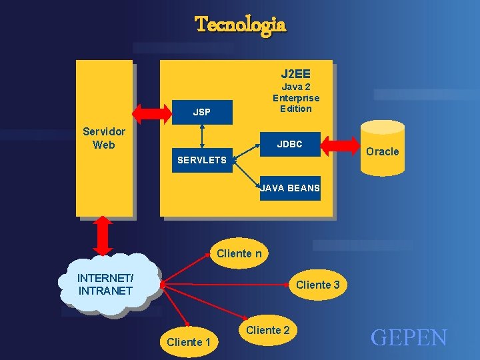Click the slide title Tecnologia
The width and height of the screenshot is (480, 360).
click(x=240, y=25)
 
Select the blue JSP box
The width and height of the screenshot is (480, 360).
click(x=201, y=113)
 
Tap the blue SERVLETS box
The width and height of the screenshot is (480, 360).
click(x=201, y=160)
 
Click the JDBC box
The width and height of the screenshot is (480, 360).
click(x=290, y=145)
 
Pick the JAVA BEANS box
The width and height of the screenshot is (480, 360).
click(x=290, y=188)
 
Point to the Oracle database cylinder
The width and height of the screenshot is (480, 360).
click(x=382, y=151)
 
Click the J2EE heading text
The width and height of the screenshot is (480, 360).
click(x=295, y=73)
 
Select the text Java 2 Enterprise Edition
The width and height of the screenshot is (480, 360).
click(x=295, y=97)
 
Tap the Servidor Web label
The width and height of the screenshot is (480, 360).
click(x=104, y=138)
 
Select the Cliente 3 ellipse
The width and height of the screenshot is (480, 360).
click(x=317, y=285)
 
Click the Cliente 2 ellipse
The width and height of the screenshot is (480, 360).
click(x=268, y=330)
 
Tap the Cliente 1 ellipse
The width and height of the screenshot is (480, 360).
click(x=189, y=342)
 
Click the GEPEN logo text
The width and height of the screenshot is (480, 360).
click(x=409, y=338)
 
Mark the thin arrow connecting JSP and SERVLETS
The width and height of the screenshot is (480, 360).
click(x=201, y=136)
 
